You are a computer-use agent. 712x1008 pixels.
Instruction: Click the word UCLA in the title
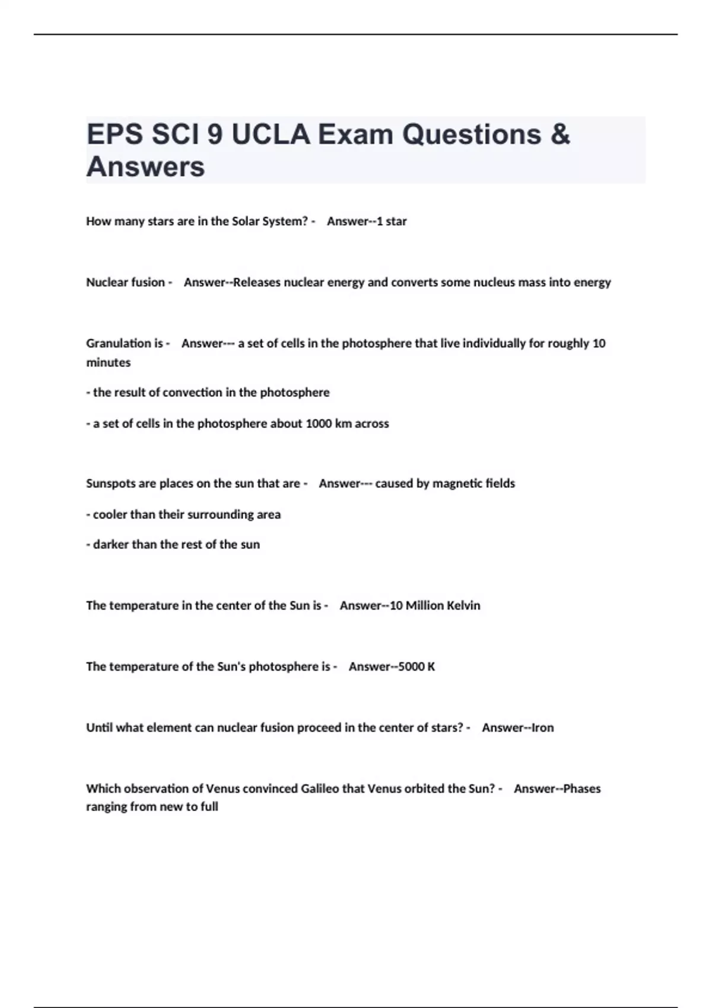271,135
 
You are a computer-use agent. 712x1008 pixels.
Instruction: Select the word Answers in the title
145,167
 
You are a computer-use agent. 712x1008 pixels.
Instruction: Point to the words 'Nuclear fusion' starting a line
125,282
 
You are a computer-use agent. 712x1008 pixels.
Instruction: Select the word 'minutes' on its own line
108,362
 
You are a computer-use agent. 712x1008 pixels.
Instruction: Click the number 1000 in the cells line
319,423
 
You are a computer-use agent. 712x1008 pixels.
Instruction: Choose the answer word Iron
543,728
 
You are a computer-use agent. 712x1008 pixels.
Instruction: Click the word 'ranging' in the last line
106,807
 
